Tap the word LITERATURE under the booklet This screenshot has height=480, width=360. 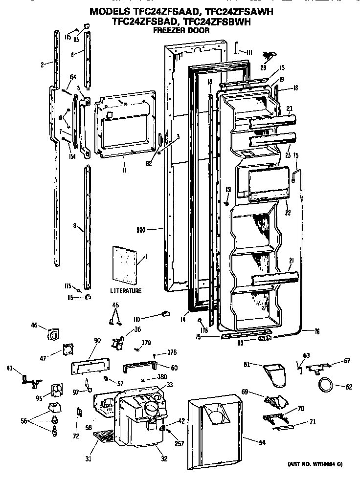[x=126, y=291]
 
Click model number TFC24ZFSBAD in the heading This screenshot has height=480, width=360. [x=140, y=22]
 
